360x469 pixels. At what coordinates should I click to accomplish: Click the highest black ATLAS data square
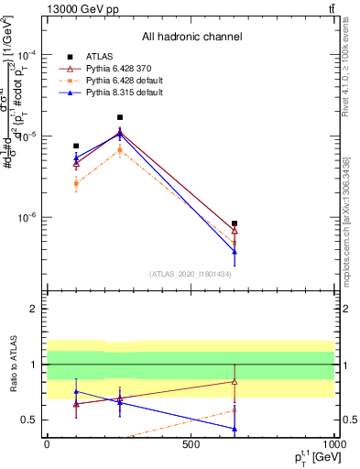pyautogui.click(x=120, y=117)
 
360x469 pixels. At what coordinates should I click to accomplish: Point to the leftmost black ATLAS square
pyautogui.click(x=76, y=146)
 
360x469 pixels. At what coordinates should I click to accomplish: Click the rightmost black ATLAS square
pyautogui.click(x=235, y=224)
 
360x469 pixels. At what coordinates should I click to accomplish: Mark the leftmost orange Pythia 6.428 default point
pyautogui.click(x=76, y=183)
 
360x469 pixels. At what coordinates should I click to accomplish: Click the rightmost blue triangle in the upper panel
pyautogui.click(x=235, y=251)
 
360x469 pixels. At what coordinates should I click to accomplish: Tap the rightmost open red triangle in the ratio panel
pyautogui.click(x=235, y=381)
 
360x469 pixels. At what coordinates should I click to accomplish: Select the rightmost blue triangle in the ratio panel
pyautogui.click(x=235, y=428)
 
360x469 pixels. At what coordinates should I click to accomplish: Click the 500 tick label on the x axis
pyautogui.click(x=191, y=444)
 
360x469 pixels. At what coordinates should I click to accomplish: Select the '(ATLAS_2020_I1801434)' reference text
pyautogui.click(x=191, y=274)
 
